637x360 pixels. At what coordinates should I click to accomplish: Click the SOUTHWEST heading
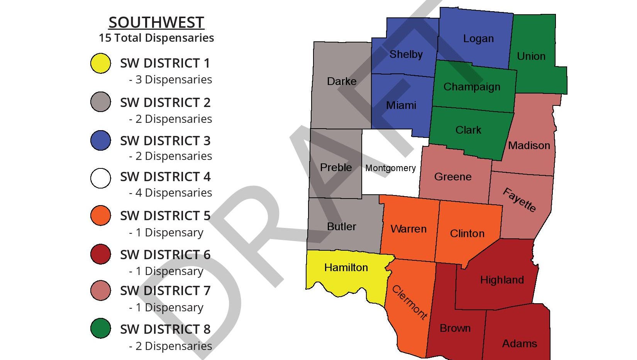tap(156, 22)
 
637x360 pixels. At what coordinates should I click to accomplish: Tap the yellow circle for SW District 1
tap(101, 63)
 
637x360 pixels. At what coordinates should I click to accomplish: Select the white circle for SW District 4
tap(101, 178)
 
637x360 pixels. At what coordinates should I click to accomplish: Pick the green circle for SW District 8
tap(101, 328)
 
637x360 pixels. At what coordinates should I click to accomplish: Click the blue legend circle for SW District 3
tap(101, 140)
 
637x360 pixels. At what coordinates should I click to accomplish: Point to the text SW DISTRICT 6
tap(165, 255)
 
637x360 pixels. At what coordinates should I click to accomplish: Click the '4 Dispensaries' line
tap(171, 193)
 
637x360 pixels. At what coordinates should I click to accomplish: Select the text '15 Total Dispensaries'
tap(156, 38)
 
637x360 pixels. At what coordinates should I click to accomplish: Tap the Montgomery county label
tap(390, 168)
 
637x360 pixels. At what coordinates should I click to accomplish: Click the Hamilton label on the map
tap(346, 267)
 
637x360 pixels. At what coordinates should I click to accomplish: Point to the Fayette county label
tap(520, 200)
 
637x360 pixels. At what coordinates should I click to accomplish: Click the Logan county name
tap(478, 39)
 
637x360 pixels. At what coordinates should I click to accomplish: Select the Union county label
tap(531, 56)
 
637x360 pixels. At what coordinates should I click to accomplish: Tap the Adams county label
tap(519, 343)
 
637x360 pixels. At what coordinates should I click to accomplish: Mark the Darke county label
tap(342, 82)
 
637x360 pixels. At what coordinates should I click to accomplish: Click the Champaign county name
tap(472, 87)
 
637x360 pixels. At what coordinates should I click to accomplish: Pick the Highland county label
tap(502, 280)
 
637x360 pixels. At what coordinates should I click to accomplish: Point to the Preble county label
tap(336, 168)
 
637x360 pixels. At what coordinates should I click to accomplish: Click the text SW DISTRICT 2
tap(165, 103)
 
